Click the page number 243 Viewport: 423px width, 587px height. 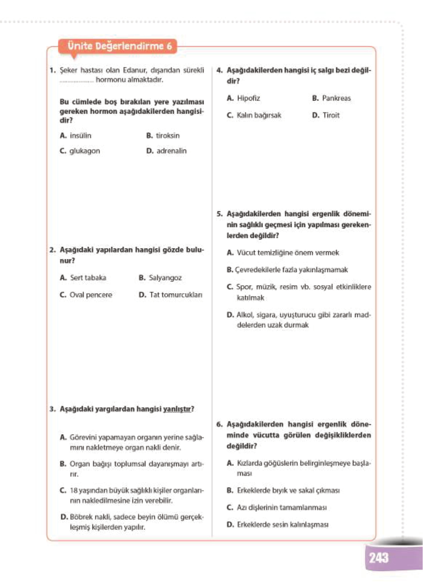[379, 558]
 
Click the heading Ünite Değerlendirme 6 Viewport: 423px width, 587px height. [119, 46]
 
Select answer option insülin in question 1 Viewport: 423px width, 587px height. [80, 136]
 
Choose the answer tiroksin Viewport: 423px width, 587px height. [167, 136]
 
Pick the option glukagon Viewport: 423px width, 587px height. [84, 151]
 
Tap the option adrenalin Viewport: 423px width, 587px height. [171, 151]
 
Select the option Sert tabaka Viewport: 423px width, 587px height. [88, 278]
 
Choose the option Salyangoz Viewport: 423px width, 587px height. [165, 278]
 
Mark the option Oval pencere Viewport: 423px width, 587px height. [91, 295]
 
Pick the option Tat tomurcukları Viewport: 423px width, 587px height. [175, 295]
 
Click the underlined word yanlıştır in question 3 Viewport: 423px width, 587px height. [177, 409]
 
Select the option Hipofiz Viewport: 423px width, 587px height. [248, 98]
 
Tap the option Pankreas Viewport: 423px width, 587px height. [336, 98]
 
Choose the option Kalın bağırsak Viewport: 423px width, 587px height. [259, 116]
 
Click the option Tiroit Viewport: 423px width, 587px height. [331, 116]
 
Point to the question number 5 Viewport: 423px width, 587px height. [219, 214]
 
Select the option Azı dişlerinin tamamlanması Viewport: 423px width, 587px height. [281, 508]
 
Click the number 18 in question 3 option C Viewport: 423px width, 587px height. [73, 491]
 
